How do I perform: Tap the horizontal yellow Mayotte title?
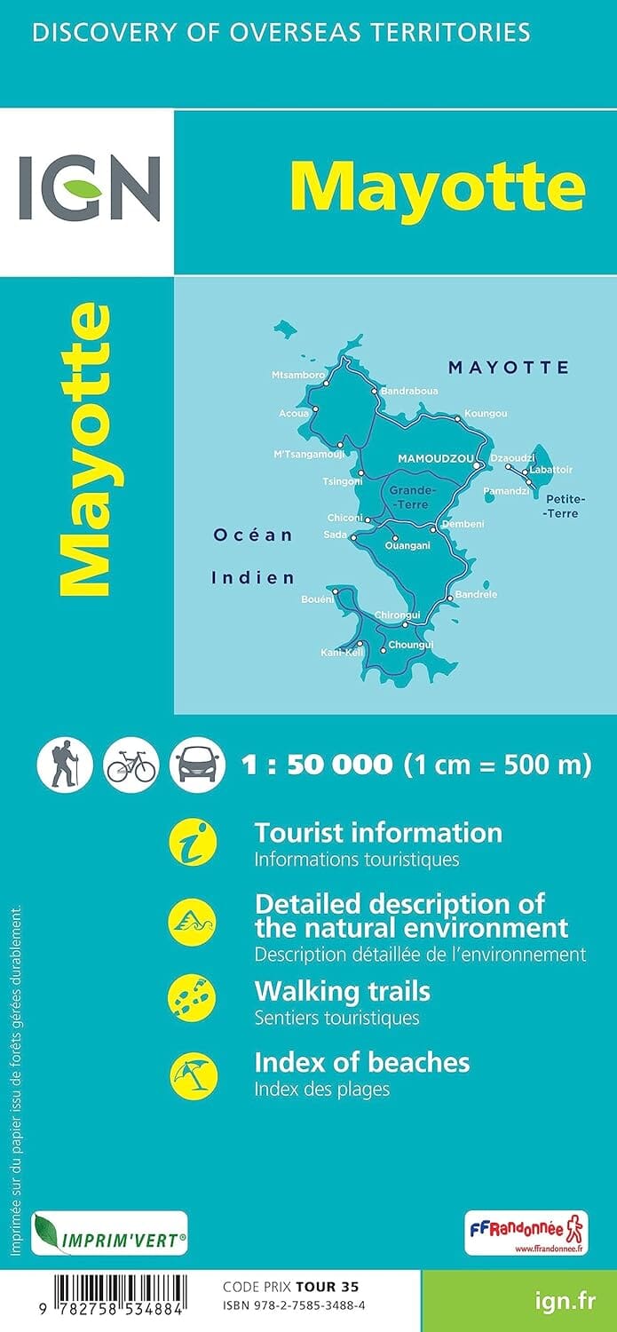click(438, 186)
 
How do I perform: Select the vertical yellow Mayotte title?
click(85, 450)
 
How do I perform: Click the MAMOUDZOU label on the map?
click(434, 458)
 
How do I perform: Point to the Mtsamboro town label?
click(297, 376)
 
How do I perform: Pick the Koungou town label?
click(486, 414)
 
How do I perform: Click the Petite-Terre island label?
click(561, 506)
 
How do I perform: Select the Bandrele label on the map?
click(476, 594)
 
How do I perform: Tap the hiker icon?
click(65, 764)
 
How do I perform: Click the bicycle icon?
click(131, 764)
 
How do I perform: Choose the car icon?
click(196, 764)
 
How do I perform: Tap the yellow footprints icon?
click(193, 999)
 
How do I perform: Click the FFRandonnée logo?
click(526, 1233)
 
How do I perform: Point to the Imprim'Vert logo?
click(109, 1233)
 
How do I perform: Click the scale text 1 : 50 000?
click(316, 765)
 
